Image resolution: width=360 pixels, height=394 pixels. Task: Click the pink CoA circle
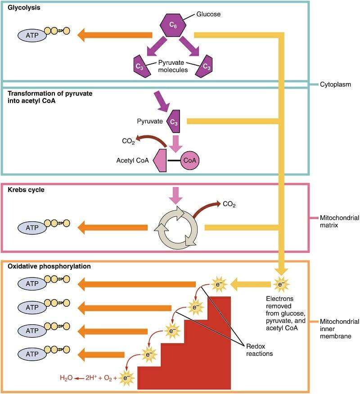pos(190,160)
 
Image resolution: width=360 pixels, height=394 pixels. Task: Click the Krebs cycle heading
pos(26,190)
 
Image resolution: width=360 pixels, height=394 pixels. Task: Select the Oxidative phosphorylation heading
pos(49,266)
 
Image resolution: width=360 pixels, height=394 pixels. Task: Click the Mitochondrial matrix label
pos(339,222)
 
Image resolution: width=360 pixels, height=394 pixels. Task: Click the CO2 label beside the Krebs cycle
pos(229,204)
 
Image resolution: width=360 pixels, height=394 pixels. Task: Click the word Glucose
pos(208,14)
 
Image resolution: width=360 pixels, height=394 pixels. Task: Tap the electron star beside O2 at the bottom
pos(127,379)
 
